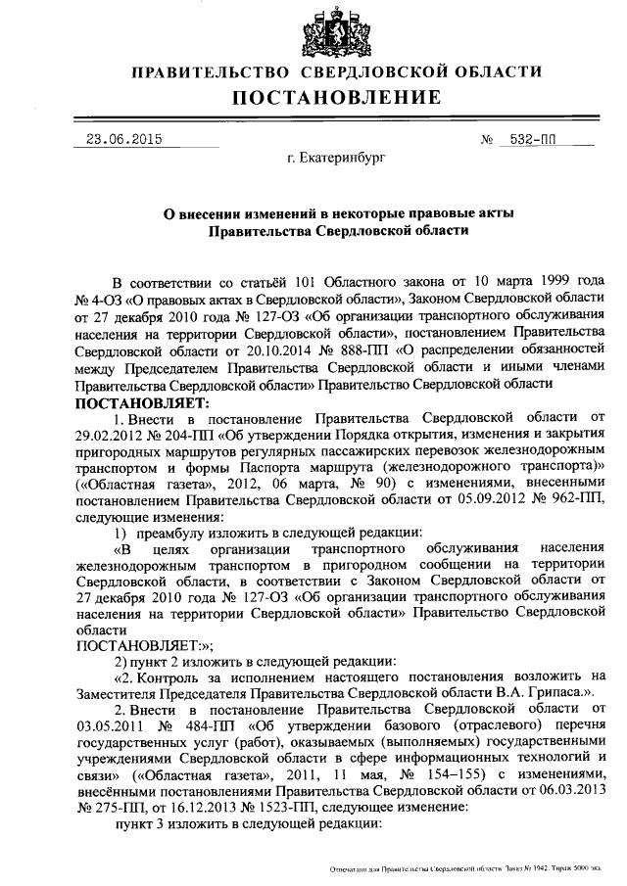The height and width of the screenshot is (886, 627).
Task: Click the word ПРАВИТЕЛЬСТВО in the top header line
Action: click(x=210, y=71)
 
